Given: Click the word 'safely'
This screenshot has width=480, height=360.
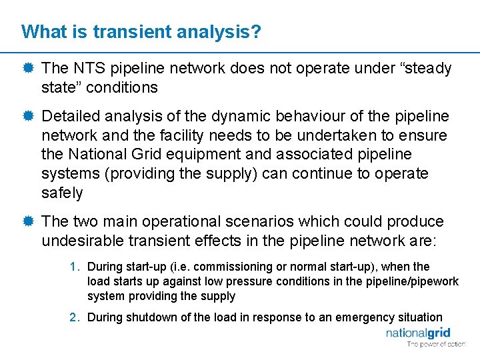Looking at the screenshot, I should tap(62, 193).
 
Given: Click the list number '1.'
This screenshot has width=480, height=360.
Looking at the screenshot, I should tap(75, 267).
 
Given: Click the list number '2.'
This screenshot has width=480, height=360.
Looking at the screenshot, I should tap(75, 317).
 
